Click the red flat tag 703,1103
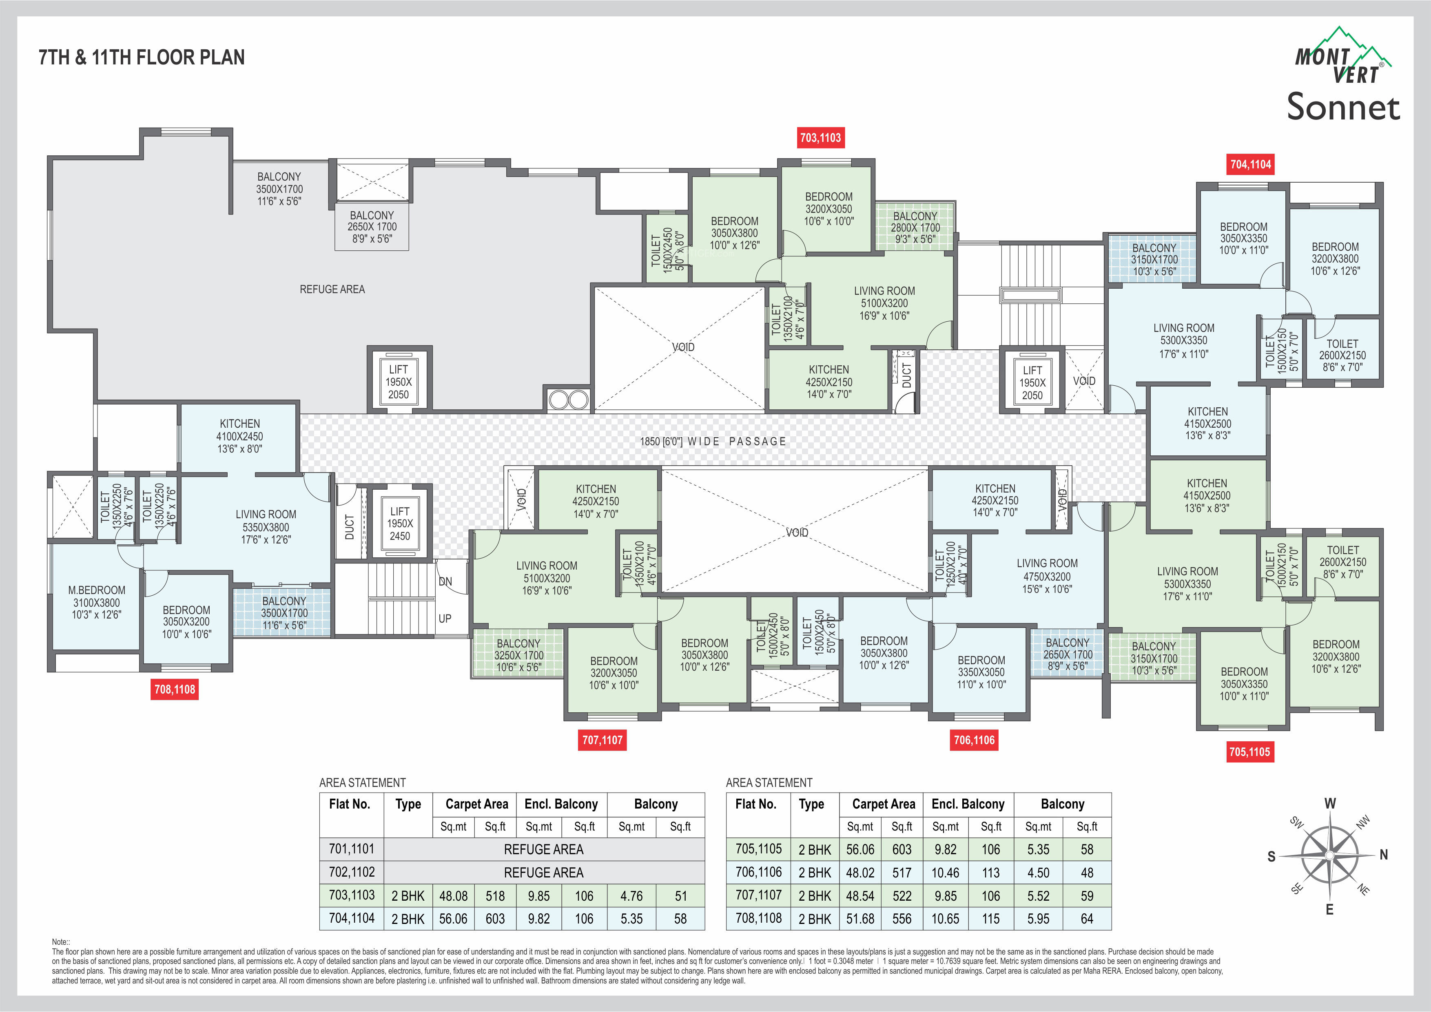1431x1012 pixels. click(x=820, y=138)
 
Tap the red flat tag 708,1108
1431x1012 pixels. click(x=175, y=689)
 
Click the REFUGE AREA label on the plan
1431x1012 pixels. click(x=332, y=289)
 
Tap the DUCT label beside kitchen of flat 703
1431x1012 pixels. click(x=907, y=376)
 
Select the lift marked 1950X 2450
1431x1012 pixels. click(x=399, y=524)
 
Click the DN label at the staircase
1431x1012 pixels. click(x=445, y=581)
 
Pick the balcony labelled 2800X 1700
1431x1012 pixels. click(x=915, y=228)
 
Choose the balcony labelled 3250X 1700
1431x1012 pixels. click(x=518, y=655)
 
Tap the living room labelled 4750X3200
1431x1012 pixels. click(x=1047, y=576)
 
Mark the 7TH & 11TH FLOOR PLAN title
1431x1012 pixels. click(x=142, y=57)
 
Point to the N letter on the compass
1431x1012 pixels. click(x=1384, y=855)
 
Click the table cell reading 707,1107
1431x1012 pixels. click(x=758, y=895)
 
